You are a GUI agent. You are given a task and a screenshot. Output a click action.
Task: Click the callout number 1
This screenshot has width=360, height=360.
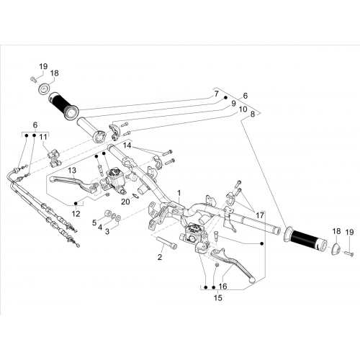click(x=179, y=193)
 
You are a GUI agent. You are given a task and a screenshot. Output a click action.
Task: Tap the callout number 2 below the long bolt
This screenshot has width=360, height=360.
click(x=160, y=257)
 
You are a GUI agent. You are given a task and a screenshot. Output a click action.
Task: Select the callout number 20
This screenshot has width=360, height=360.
click(x=125, y=202)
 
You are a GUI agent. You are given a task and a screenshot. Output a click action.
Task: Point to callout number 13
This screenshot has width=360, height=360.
click(x=72, y=171)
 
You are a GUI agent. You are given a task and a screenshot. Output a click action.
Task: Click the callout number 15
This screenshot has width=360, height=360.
click(x=218, y=298)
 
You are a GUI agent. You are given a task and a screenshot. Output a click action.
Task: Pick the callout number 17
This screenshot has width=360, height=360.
click(x=260, y=215)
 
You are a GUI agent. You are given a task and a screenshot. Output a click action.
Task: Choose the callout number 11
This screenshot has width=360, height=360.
click(x=43, y=137)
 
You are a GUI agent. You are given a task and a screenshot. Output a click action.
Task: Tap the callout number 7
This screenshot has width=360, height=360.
click(x=217, y=94)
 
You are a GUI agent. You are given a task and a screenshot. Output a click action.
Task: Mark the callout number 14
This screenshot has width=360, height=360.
click(x=127, y=145)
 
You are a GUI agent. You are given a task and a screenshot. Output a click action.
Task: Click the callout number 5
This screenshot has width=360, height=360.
click(x=94, y=222)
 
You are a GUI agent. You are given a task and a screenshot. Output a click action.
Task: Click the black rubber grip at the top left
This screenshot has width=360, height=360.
click(x=63, y=106)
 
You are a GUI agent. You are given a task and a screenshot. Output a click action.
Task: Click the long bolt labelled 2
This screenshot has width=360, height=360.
click(x=166, y=242)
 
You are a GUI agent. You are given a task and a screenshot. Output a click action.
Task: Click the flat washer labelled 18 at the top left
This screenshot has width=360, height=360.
click(x=44, y=90)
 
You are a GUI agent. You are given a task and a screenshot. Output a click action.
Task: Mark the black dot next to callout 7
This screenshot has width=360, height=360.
click(x=225, y=97)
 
